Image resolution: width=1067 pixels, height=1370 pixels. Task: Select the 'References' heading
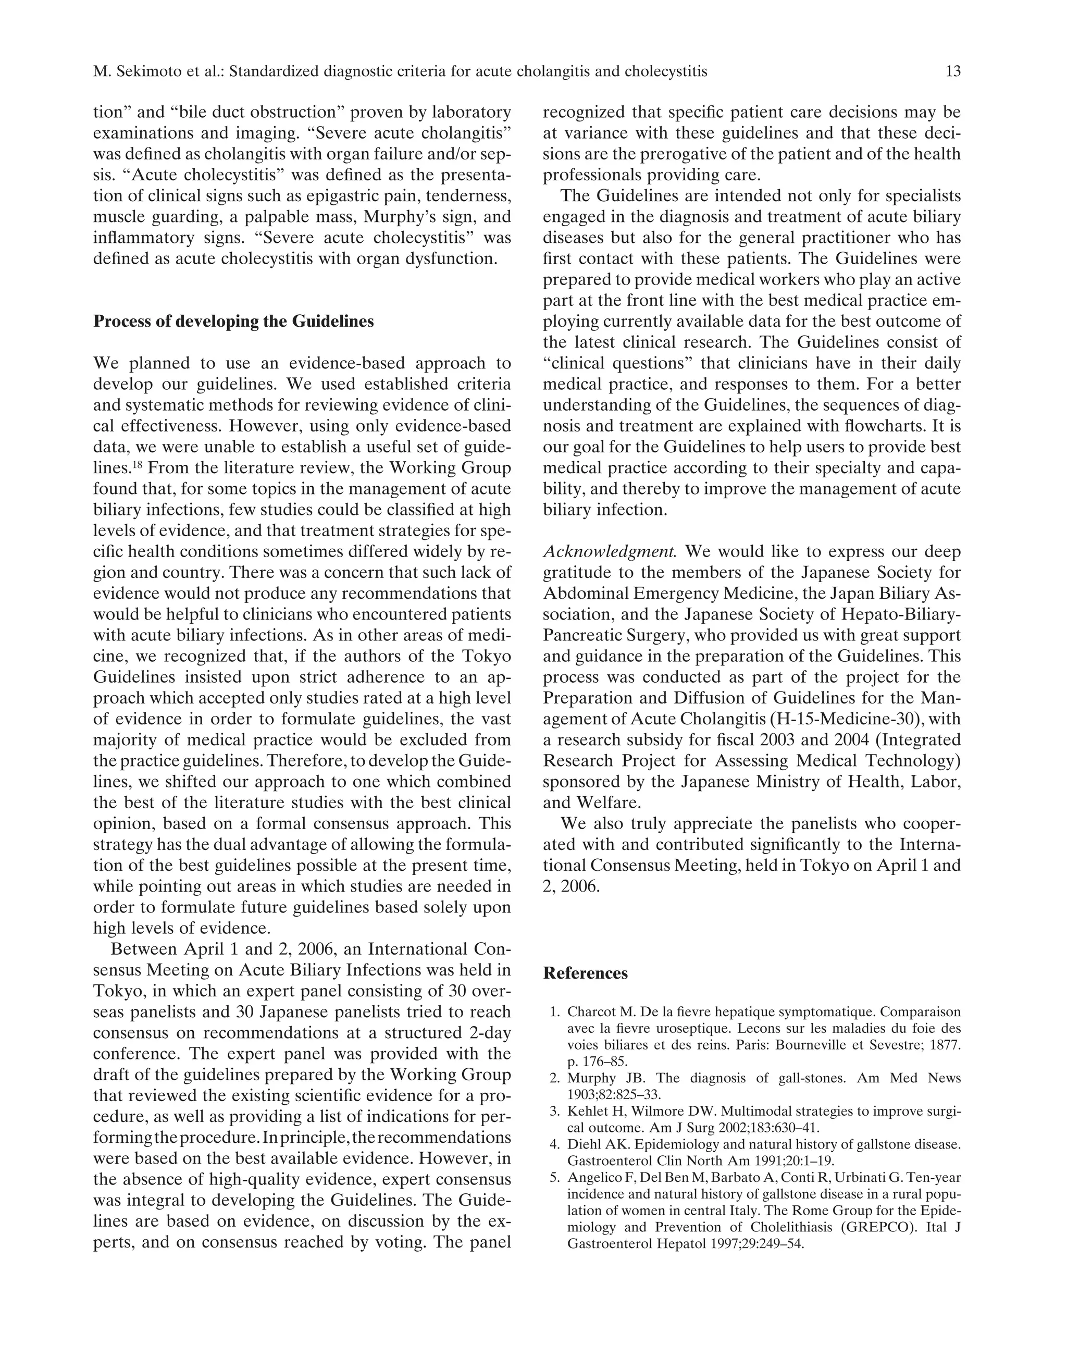pyautogui.click(x=585, y=973)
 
